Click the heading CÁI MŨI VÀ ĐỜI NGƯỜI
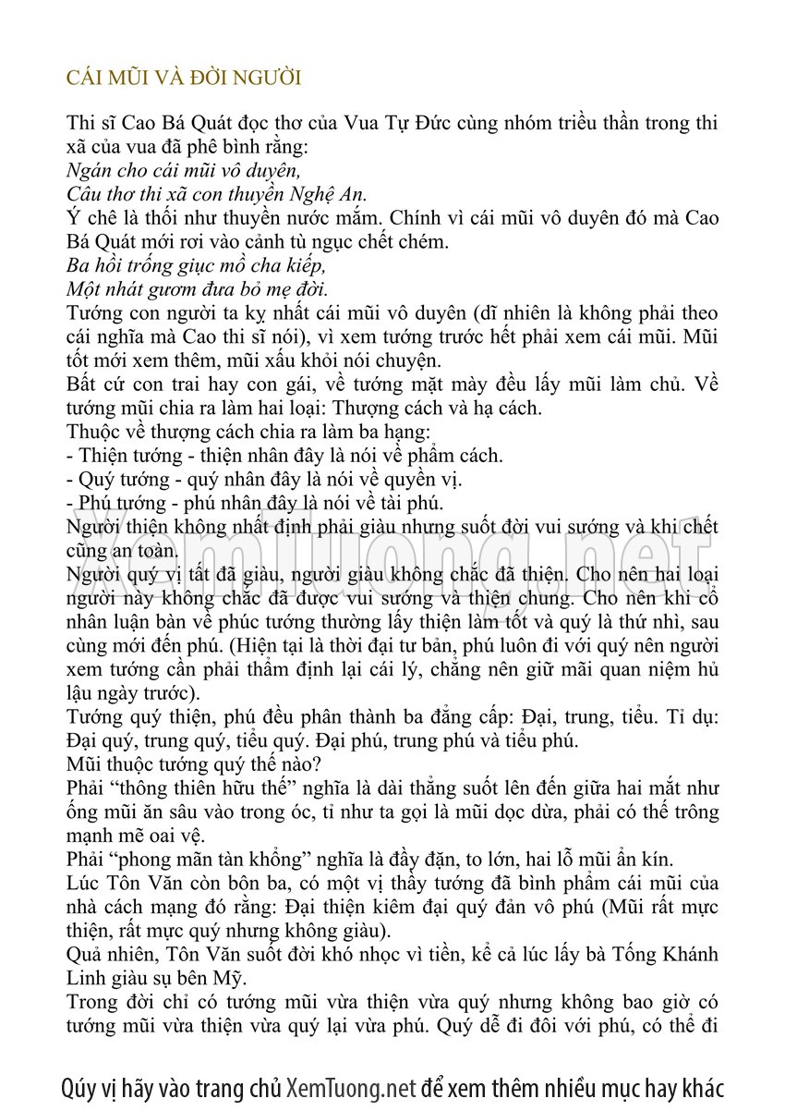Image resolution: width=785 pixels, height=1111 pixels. (x=184, y=78)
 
